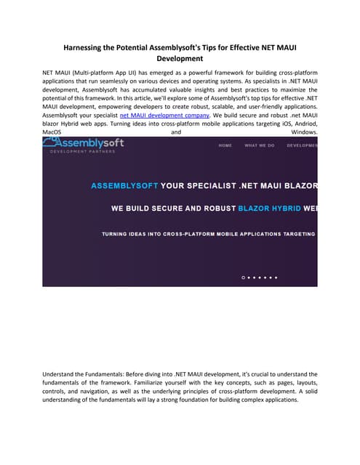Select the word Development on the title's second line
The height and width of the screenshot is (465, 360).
coord(180,58)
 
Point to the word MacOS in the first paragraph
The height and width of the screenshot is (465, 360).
coord(52,132)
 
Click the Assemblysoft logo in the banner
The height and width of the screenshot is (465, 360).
coord(84,143)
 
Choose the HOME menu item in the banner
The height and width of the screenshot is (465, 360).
coord(225,145)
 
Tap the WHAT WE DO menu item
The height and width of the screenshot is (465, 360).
coord(260,145)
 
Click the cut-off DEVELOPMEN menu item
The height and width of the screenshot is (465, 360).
coord(302,145)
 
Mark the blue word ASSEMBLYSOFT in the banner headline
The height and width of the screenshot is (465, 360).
coord(124,185)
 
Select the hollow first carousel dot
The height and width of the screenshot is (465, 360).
coord(244,278)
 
